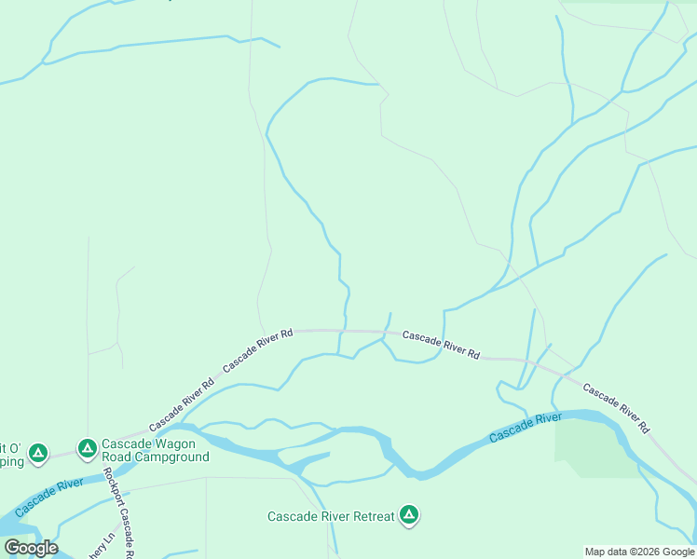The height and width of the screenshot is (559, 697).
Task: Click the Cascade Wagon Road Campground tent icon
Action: (87, 449)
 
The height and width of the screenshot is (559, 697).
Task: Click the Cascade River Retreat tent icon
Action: (408, 514)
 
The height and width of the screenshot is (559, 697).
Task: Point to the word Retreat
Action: (372, 516)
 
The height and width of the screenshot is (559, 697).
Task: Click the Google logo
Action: (31, 548)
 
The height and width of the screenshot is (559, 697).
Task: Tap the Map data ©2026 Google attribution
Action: (639, 552)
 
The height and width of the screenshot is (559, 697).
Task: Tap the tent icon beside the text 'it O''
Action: (37, 453)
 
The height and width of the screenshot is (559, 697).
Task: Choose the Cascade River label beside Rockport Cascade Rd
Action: (48, 493)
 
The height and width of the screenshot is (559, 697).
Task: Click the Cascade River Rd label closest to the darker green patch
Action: (616, 408)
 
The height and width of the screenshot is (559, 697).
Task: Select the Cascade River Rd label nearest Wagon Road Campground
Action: (181, 398)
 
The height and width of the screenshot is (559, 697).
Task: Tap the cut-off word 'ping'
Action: (10, 461)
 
